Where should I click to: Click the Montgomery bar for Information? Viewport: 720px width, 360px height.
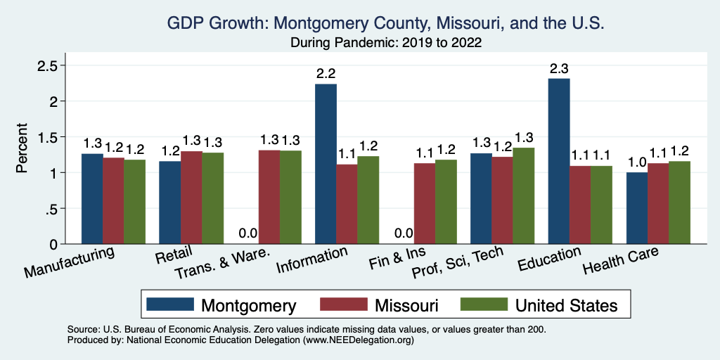pos(326,164)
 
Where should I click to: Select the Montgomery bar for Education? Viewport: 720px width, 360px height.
pos(559,161)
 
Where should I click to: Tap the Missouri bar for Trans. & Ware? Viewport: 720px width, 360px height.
pos(269,197)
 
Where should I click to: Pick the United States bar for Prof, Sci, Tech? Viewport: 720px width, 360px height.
pos(523,195)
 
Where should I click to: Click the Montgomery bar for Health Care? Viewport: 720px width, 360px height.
pos(637,208)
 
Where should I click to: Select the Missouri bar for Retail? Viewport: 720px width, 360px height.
pos(191,198)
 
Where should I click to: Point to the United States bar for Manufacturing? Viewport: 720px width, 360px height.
pos(135,202)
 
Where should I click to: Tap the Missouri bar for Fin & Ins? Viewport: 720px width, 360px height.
pos(425,203)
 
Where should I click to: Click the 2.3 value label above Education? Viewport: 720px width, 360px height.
pos(559,69)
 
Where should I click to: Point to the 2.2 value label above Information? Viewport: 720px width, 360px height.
pos(326,75)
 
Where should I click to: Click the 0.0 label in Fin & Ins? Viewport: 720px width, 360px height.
pos(404,233)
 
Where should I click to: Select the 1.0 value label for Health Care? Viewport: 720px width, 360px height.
pos(637,162)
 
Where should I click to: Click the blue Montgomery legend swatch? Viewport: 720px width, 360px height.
pos(170,304)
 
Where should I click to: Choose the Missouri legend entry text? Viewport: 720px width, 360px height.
pos(406,305)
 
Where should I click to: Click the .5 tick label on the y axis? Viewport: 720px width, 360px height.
pos(51,209)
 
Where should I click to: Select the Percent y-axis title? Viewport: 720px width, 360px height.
pos(22,148)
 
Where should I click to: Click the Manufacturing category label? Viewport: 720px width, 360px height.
pos(69,262)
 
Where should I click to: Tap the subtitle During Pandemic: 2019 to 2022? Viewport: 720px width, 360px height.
pos(386,43)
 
